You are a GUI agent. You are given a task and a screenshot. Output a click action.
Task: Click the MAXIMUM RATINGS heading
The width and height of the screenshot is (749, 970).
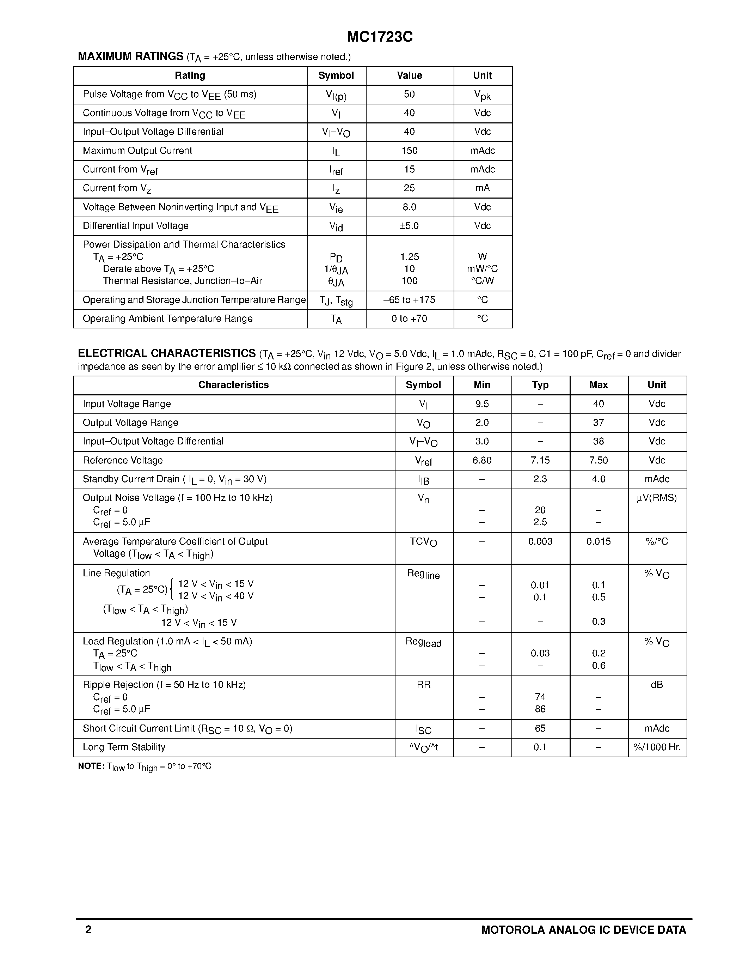[x=130, y=56]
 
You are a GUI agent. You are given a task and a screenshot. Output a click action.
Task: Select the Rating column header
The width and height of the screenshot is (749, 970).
[x=190, y=75]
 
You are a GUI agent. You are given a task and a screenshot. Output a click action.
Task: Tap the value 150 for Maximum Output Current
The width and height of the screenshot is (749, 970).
[x=409, y=151]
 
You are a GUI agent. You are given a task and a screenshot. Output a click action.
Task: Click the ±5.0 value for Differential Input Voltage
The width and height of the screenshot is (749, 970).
[x=409, y=226]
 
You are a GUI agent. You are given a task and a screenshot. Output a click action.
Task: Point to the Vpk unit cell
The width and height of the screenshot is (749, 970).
[x=482, y=95]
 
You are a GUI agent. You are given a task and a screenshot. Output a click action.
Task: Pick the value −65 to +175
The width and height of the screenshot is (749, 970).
[x=409, y=300]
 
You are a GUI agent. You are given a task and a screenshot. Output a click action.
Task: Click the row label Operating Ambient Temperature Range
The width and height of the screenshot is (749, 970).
[x=168, y=319]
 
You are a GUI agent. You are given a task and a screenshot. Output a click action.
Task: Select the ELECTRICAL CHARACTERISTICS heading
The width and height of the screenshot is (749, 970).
[x=166, y=353]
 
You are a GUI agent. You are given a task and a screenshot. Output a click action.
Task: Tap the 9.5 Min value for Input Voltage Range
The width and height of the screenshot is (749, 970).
[x=482, y=404]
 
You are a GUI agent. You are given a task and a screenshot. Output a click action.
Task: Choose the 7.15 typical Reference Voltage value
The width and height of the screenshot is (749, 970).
[x=540, y=460]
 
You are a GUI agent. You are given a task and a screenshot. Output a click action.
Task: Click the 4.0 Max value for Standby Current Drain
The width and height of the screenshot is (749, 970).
[x=598, y=479]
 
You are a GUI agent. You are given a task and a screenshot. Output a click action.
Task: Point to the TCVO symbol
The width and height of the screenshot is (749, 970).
[x=423, y=542]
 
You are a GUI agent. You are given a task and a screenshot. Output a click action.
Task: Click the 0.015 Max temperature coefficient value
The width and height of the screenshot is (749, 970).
[x=598, y=541]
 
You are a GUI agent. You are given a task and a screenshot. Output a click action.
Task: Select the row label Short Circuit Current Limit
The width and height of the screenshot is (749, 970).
[x=187, y=728]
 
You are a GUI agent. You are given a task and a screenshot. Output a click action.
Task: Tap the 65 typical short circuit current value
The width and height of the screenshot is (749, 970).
[x=540, y=728]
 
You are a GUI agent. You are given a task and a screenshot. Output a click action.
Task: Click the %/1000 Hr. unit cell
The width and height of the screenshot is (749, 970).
[x=657, y=747]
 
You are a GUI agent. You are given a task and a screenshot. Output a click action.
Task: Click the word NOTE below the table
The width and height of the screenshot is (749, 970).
[x=91, y=766]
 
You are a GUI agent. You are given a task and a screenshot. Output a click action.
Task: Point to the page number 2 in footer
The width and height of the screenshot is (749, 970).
[x=88, y=929]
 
